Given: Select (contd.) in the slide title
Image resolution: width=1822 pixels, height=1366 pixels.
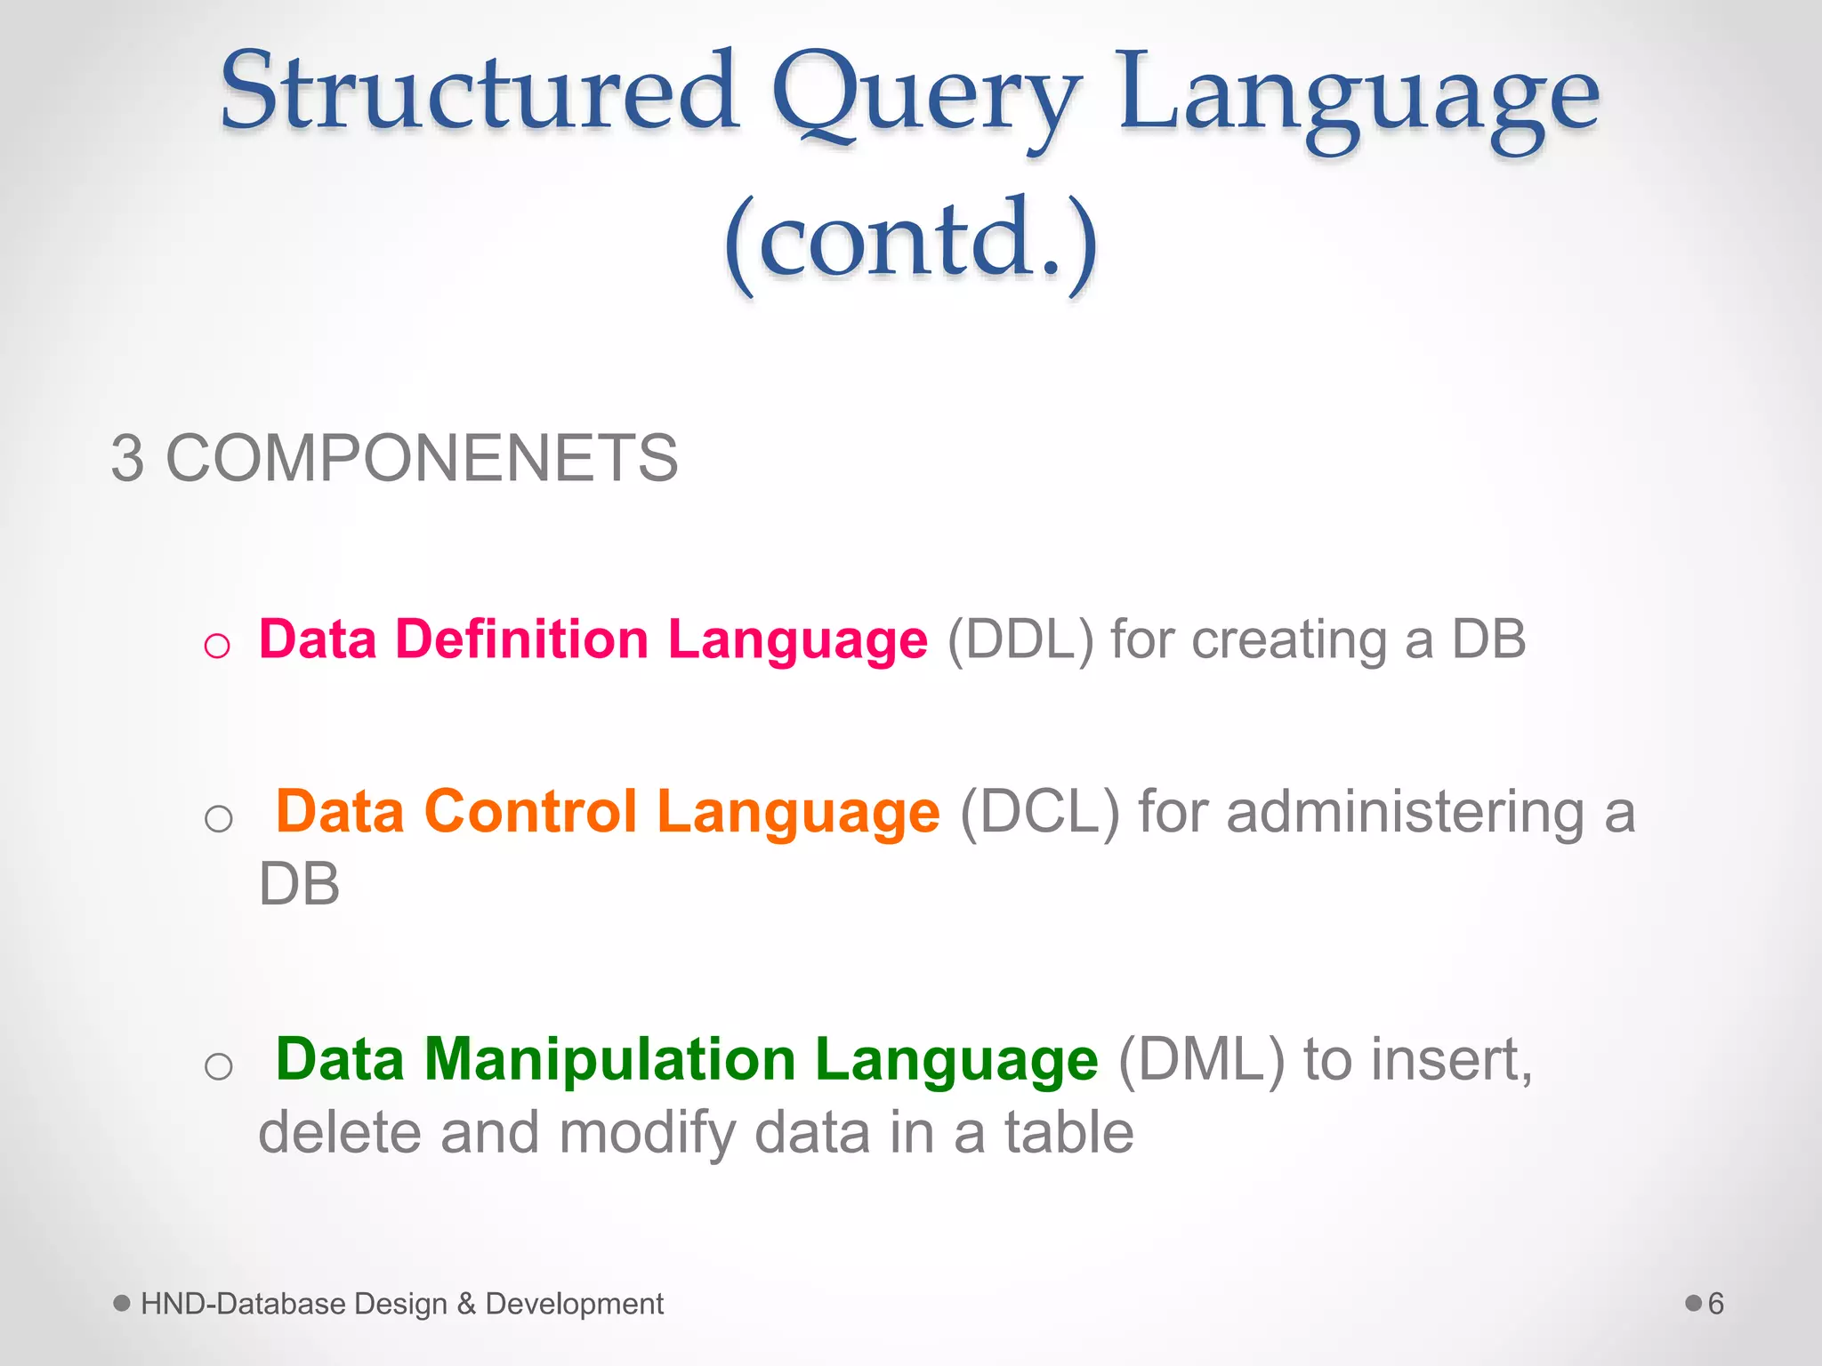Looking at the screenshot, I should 911,240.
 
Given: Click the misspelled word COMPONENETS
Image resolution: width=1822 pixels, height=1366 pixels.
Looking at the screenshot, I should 422,459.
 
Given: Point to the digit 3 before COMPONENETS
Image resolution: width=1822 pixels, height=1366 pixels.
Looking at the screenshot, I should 127,459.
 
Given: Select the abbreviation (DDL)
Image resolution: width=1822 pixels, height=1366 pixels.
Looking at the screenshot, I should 1020,640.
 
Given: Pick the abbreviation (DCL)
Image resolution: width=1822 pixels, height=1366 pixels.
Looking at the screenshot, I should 1039,813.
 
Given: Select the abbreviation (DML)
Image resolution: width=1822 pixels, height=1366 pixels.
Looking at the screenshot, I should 1201,1060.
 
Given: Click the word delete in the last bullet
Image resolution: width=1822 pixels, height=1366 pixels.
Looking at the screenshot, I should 339,1133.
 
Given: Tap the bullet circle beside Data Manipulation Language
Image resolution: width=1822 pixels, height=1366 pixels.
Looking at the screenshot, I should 218,1065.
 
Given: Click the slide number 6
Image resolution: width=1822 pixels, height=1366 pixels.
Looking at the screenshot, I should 1715,1304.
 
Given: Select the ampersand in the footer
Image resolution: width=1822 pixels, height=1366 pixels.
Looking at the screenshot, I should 466,1304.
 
